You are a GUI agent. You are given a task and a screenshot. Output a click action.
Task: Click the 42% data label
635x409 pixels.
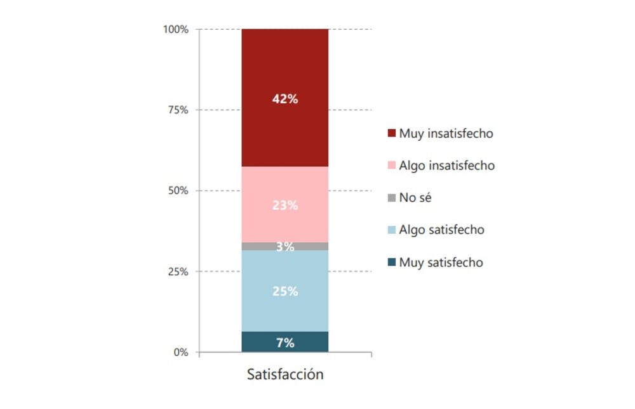coord(284,99)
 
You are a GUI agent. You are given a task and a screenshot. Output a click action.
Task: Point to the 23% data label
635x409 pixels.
coord(284,205)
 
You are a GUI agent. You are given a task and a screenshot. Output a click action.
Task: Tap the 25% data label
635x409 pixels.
coord(284,292)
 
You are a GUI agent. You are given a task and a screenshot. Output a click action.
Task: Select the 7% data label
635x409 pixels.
coord(284,343)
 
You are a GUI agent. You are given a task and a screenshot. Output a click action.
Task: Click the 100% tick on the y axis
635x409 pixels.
coord(176,29)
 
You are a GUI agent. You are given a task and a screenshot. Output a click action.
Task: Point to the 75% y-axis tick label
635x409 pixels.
coord(178,110)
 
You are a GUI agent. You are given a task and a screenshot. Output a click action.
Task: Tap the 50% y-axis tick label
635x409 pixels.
coord(178,191)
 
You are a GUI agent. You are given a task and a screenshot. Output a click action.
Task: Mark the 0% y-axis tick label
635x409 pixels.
coord(181,353)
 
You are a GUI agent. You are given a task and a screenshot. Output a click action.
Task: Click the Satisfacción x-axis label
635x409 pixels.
coord(284,374)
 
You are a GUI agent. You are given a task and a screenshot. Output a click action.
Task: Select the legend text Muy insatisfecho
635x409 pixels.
coord(446,134)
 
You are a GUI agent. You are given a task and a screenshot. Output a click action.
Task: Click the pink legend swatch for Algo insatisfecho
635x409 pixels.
coord(391,166)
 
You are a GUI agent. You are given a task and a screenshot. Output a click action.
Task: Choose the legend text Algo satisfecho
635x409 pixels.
coord(441,230)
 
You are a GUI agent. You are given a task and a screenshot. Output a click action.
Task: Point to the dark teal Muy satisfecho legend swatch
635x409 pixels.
coord(391,263)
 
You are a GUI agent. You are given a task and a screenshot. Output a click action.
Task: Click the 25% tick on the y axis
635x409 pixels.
coord(178,271)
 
